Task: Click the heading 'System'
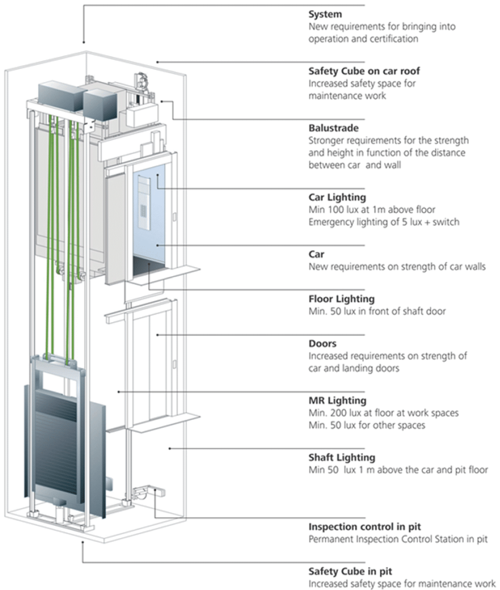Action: (x=325, y=14)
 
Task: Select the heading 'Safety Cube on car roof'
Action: (x=364, y=71)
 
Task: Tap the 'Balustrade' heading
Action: (x=333, y=128)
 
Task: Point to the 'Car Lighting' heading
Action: (x=337, y=197)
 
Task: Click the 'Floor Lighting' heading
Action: (x=341, y=299)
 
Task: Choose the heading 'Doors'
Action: (x=323, y=343)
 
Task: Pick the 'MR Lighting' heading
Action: (x=337, y=401)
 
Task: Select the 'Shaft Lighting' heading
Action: (x=342, y=458)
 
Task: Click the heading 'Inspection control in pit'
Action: (x=365, y=527)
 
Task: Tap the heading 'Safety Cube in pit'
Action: (x=350, y=571)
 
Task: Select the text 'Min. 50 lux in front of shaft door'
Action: (x=377, y=311)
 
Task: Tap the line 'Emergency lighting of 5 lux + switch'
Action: (x=384, y=222)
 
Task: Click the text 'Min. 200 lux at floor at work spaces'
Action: (x=383, y=413)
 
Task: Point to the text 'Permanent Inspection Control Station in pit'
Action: (x=398, y=539)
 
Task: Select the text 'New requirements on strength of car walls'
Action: (x=397, y=267)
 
